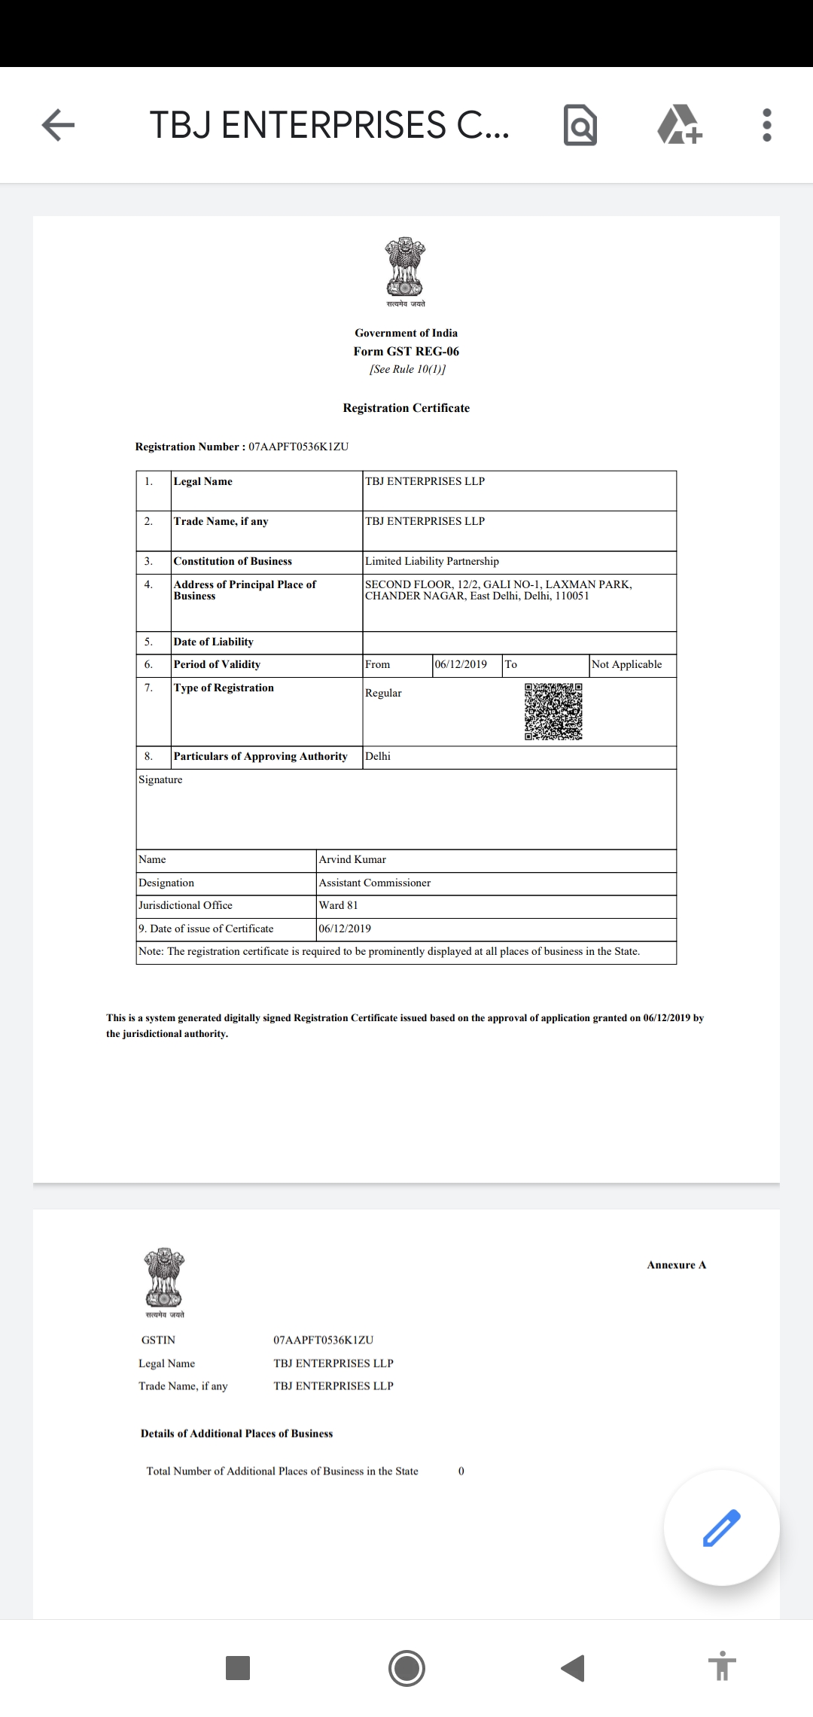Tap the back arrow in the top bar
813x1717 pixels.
[58, 125]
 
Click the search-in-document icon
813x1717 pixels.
[580, 125]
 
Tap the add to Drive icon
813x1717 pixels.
[680, 125]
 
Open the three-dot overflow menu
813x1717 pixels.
[767, 125]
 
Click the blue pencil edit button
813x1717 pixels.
[721, 1528]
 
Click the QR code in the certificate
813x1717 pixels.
[553, 712]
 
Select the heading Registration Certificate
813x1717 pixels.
[406, 408]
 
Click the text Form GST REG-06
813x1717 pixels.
[406, 352]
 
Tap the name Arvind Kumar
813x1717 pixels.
[352, 859]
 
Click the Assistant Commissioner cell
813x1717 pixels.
[375, 883]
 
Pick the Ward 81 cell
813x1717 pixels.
[339, 905]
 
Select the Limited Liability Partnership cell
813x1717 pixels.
[432, 561]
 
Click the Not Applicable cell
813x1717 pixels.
[627, 664]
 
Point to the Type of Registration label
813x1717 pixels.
[224, 688]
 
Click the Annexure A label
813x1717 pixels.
[676, 1265]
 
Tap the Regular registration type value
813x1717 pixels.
[384, 693]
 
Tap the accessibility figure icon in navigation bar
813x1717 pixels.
[721, 1668]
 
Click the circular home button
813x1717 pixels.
[406, 1668]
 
